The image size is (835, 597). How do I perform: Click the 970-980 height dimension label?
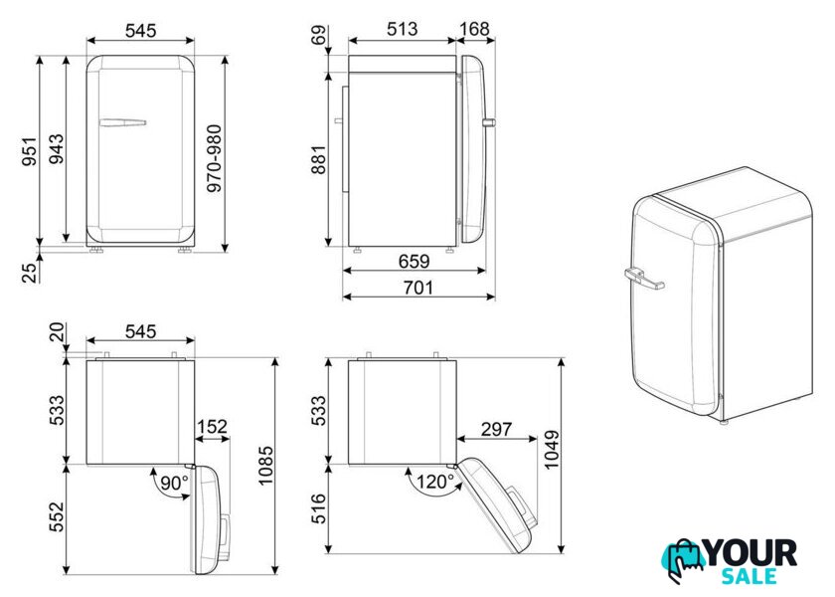click(214, 158)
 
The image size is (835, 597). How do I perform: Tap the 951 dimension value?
click(30, 151)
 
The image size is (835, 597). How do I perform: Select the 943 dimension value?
click(56, 148)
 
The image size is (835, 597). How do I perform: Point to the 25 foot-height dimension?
click(30, 271)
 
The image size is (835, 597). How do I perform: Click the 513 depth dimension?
click(402, 29)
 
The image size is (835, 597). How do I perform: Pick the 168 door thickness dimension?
click(474, 29)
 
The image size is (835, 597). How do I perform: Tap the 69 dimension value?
click(318, 36)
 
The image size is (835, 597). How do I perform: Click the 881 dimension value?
click(318, 159)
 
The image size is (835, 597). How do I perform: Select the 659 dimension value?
click(414, 261)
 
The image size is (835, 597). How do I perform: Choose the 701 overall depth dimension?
click(418, 288)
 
